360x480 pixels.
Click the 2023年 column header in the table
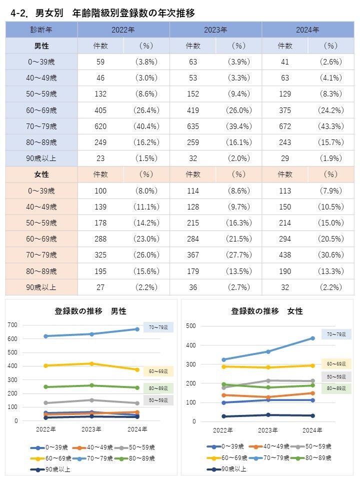pyautogui.click(x=215, y=30)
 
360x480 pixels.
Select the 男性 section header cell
pyautogui.click(x=41, y=46)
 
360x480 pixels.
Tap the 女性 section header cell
pyautogui.click(x=41, y=174)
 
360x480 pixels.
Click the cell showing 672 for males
pyautogui.click(x=284, y=126)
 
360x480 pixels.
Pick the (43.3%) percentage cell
pyautogui.click(x=330, y=126)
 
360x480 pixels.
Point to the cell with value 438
pyautogui.click(x=284, y=255)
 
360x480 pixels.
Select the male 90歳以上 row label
pyautogui.click(x=41, y=158)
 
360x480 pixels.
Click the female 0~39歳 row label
pyautogui.click(x=41, y=190)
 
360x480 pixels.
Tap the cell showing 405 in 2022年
pyautogui.click(x=100, y=110)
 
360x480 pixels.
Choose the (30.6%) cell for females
pyautogui.click(x=330, y=255)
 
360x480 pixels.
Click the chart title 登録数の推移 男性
pyautogui.click(x=90, y=311)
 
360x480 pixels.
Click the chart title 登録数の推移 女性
pyautogui.click(x=267, y=311)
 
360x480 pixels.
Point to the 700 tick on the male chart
pyautogui.click(x=12, y=325)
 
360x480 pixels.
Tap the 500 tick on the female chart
pyautogui.click(x=190, y=326)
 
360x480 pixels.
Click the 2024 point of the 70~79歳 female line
pyautogui.click(x=312, y=338)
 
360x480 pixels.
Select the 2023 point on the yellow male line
pyautogui.click(x=91, y=363)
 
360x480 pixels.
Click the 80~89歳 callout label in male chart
pyautogui.click(x=158, y=388)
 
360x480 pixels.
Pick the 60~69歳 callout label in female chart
pyautogui.click(x=336, y=364)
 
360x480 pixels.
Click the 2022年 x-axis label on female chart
pyautogui.click(x=223, y=430)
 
